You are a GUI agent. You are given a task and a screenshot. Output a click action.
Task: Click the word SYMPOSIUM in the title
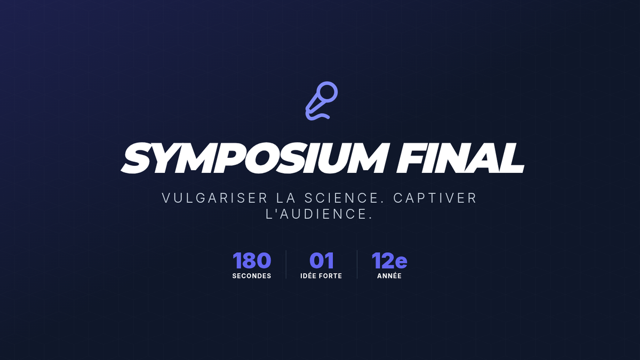coord(254,158)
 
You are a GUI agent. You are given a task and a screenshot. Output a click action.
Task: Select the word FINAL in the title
coord(460,158)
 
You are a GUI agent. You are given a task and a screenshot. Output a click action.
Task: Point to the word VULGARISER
coord(215,198)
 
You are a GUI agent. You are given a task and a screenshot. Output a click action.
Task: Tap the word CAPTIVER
coord(435,198)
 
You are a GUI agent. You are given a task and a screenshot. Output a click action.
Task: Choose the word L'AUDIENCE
coord(319,214)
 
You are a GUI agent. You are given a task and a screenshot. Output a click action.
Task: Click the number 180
coord(252,261)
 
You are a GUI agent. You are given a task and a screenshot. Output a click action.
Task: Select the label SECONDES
coord(252,276)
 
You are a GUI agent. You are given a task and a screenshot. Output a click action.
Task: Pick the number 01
coord(322,261)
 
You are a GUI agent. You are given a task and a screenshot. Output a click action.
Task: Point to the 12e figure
coord(389,261)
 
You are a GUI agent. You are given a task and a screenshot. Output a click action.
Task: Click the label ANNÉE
coord(389,276)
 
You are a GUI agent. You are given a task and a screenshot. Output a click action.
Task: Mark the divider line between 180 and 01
coord(286,265)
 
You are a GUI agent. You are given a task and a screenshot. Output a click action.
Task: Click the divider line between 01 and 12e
coord(357,265)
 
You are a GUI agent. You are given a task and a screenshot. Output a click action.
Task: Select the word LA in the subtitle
coord(286,198)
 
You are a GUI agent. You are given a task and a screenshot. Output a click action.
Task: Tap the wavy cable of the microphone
coord(318,117)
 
